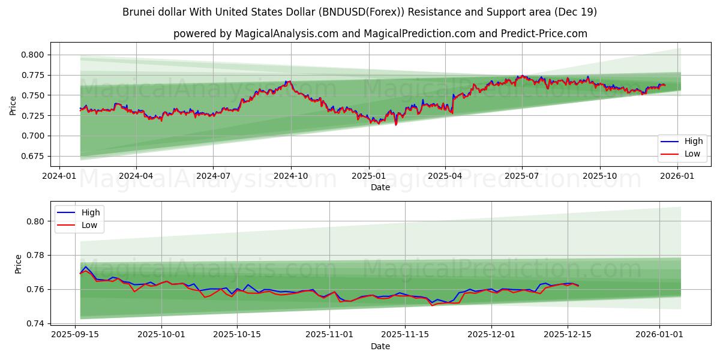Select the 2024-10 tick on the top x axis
[x=291, y=176]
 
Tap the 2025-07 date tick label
[x=522, y=176]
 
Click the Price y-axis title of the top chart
[x=13, y=106]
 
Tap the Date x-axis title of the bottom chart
[x=380, y=346]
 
